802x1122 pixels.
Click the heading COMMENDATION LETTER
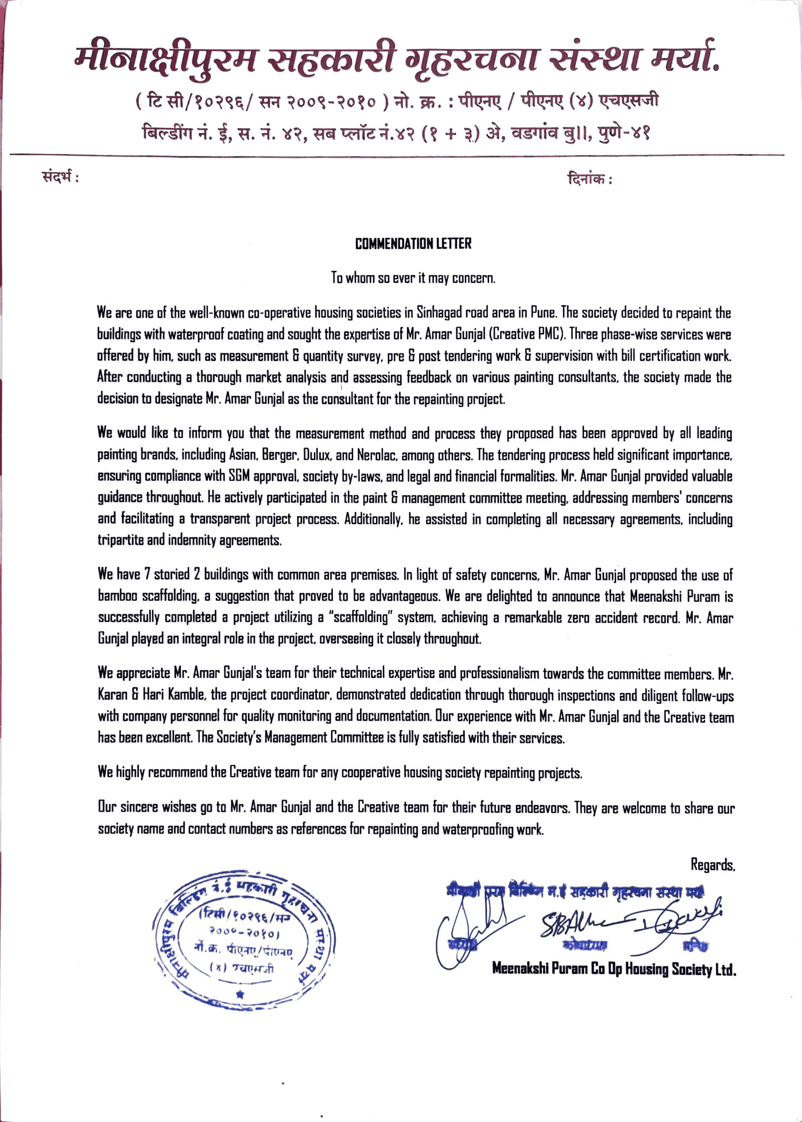[413, 244]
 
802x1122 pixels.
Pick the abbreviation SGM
[238, 476]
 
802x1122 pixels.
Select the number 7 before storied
[147, 574]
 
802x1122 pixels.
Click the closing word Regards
[713, 865]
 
